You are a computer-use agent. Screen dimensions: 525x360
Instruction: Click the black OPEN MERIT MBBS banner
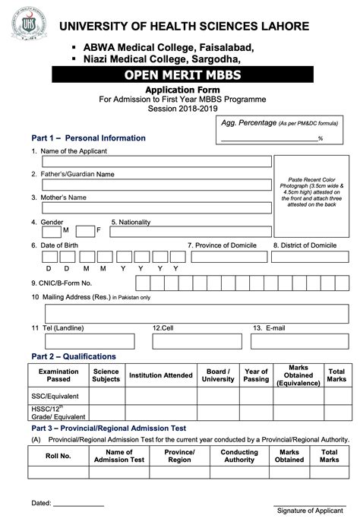(182, 75)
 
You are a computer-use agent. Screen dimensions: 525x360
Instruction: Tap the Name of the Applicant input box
(156, 161)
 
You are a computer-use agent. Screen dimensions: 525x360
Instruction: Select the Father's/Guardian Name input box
(156, 185)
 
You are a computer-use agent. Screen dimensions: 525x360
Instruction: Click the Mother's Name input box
(156, 207)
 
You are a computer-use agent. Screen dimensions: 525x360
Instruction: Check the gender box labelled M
(52, 231)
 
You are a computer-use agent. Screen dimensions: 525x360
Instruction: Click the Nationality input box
(191, 231)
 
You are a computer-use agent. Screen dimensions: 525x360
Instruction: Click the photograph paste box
(311, 197)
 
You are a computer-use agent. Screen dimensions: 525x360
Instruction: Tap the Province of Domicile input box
(227, 258)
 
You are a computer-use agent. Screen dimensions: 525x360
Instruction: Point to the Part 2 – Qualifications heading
(74, 356)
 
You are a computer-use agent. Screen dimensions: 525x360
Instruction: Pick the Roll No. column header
(58, 456)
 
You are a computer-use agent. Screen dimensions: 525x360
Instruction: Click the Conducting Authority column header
(239, 456)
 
